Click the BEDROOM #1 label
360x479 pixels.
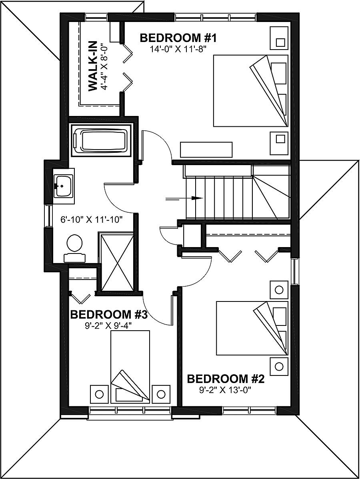[178, 38]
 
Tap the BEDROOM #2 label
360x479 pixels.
[226, 379]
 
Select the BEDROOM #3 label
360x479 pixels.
[109, 315]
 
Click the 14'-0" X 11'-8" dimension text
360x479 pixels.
[178, 49]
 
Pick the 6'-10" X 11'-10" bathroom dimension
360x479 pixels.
[91, 219]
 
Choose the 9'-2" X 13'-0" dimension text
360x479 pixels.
[226, 389]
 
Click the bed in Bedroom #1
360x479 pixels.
[250, 91]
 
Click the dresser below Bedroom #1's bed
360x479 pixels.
[206, 149]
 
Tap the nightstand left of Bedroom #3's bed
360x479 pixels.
[99, 394]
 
